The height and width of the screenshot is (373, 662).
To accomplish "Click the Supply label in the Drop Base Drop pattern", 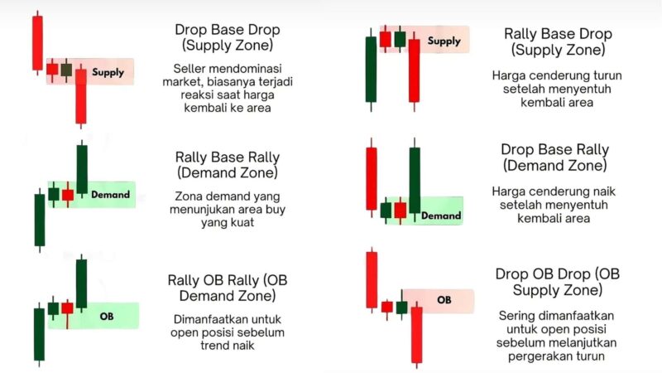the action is click(108, 72).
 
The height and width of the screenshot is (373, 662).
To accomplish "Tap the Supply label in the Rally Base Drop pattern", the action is click(444, 41).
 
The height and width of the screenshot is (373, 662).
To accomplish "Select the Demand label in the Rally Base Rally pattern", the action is click(111, 195).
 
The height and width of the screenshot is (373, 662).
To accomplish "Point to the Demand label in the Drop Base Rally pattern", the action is click(441, 216).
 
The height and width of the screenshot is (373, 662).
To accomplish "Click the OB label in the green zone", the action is click(107, 316).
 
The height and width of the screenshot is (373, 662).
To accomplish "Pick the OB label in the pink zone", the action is click(444, 300).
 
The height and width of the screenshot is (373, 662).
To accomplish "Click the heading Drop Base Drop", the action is click(227, 30).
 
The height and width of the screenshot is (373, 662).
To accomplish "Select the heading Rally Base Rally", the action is click(227, 157).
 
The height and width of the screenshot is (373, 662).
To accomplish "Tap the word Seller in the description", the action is click(189, 69).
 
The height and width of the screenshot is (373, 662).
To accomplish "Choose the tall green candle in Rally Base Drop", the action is click(371, 70).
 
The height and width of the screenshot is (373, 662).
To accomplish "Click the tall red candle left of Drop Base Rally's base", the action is click(372, 178).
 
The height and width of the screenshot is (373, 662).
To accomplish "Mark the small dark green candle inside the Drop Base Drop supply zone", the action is click(66, 70).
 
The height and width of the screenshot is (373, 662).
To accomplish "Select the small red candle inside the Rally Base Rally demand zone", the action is click(68, 195).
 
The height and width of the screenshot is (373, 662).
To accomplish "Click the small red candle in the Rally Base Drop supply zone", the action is click(386, 39).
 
